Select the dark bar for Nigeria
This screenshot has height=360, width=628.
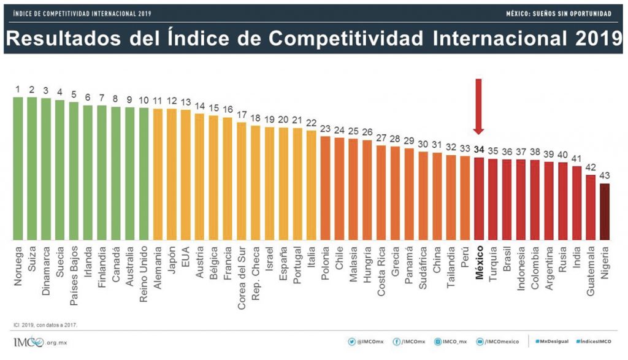coord(605,212)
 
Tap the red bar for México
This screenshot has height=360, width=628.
coord(479,199)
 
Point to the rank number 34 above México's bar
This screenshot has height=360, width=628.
coord(479,149)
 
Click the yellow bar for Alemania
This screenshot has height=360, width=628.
coord(158,174)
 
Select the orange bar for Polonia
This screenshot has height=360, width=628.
coord(325,188)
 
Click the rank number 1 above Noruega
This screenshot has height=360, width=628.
coord(18,90)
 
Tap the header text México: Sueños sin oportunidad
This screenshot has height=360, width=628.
coord(559,13)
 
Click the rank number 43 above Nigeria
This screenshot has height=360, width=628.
coord(605,175)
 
